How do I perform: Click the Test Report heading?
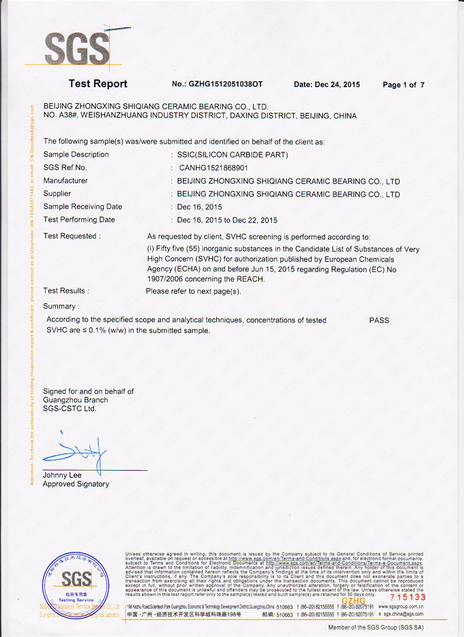[x=97, y=84]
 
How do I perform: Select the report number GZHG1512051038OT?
[x=217, y=84]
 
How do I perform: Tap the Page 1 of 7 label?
[x=404, y=85]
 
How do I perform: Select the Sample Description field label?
[x=76, y=154]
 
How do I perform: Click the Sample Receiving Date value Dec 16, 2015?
[x=200, y=207]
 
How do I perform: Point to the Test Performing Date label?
[x=79, y=219]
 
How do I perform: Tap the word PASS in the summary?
[x=379, y=320]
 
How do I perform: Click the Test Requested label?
[x=72, y=236]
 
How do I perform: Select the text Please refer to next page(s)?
[x=193, y=291]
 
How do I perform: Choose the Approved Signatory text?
[x=76, y=484]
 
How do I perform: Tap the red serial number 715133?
[x=408, y=597]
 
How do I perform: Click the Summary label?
[x=61, y=306]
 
